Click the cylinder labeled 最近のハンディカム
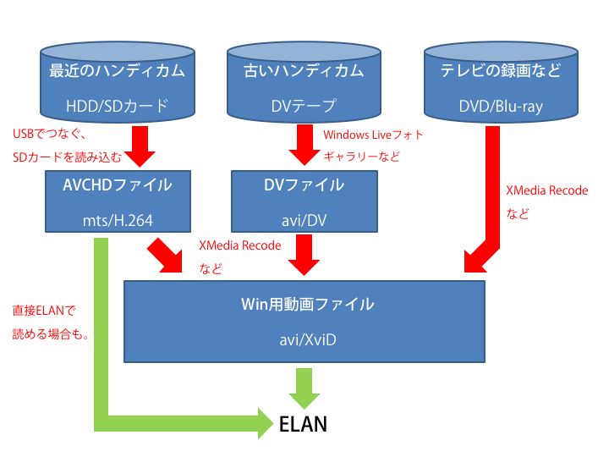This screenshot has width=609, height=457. [x=118, y=82]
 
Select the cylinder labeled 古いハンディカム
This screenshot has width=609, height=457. [x=304, y=82]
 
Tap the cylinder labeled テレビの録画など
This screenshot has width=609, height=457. [x=501, y=82]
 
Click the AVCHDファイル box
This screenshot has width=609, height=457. [x=118, y=201]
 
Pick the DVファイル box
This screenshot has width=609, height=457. [x=304, y=201]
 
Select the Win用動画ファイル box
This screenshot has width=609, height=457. [x=304, y=322]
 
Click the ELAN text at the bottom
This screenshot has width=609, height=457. [x=303, y=424]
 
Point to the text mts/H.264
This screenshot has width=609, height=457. [x=118, y=221]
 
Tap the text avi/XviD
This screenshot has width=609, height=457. [x=308, y=340]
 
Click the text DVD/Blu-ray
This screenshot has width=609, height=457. [x=501, y=106]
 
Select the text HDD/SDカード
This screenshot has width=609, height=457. [x=118, y=106]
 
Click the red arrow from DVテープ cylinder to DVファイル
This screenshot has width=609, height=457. [x=304, y=145]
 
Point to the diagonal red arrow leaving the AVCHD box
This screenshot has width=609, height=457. [x=165, y=256]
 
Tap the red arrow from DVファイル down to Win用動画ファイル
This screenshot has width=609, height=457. [x=304, y=255]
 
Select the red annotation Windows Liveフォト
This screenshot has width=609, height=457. [x=373, y=135]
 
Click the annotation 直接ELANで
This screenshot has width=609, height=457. [x=44, y=311]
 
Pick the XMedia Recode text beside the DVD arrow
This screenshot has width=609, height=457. [x=547, y=190]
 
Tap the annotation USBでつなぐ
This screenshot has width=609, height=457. [x=49, y=134]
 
